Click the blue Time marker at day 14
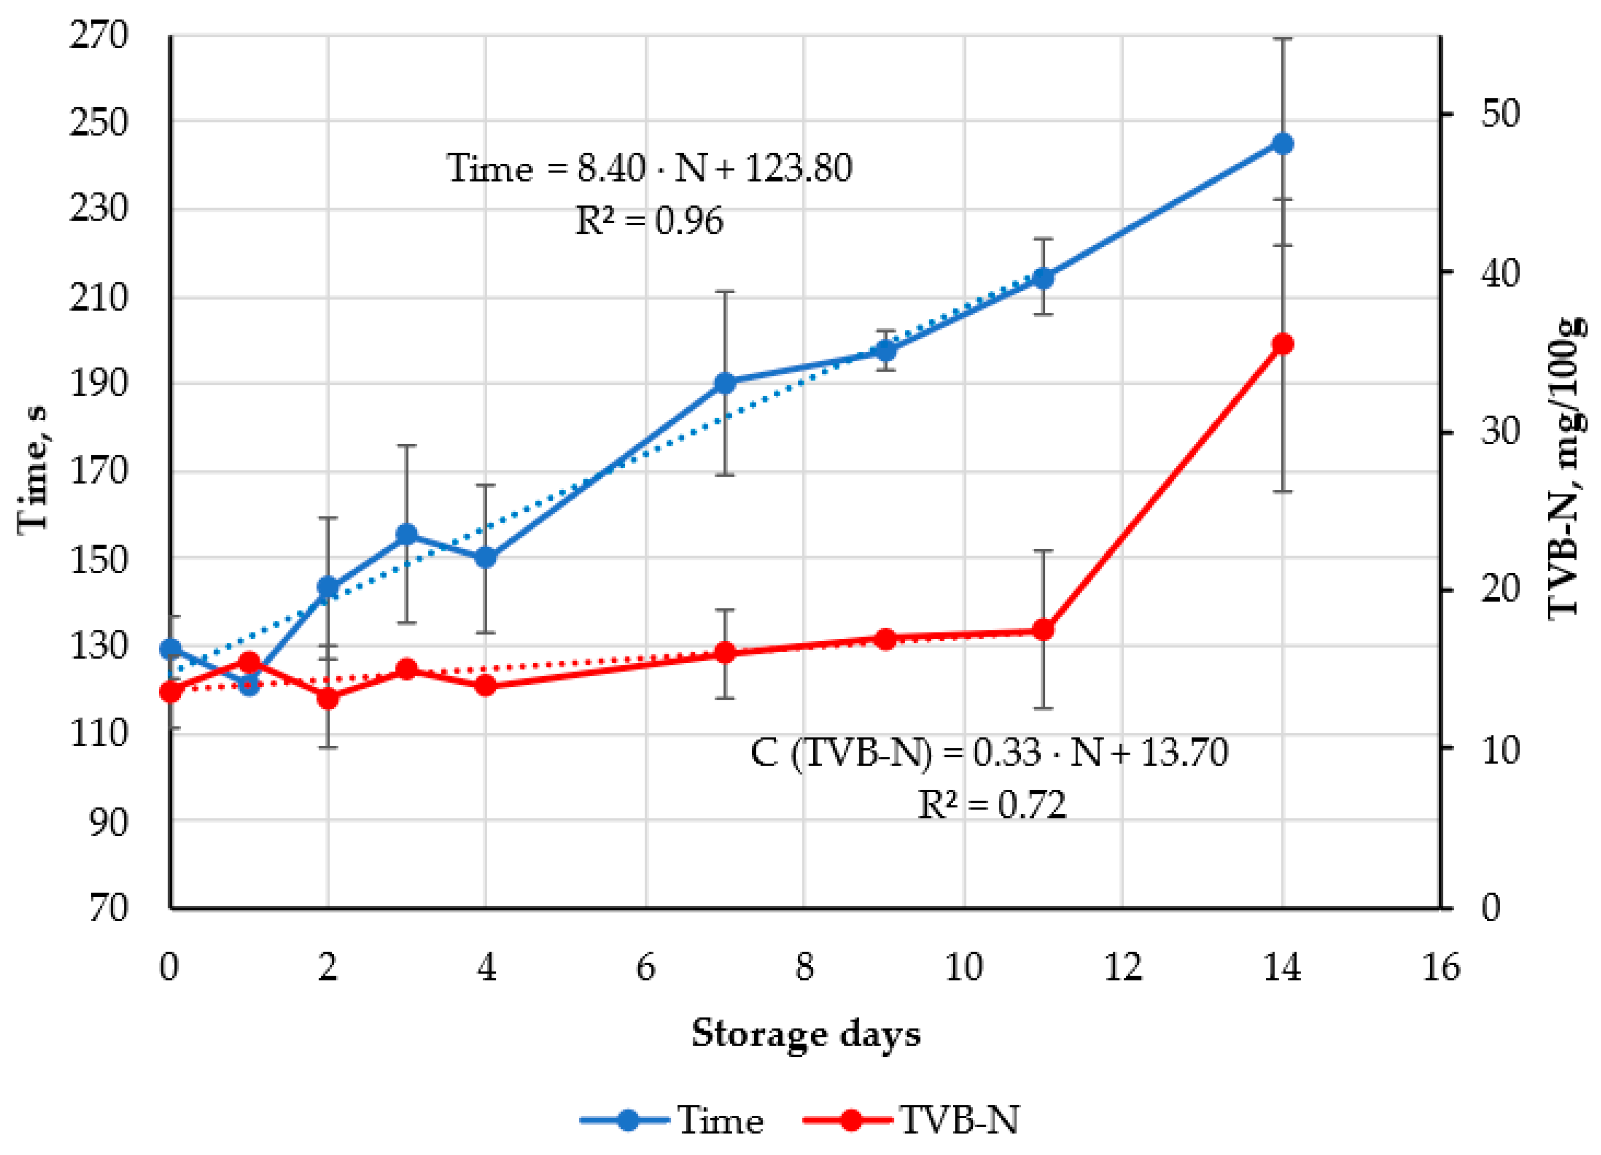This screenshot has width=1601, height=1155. [1282, 144]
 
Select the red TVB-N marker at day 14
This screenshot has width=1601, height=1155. [1282, 344]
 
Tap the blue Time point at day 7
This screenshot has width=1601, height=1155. [725, 383]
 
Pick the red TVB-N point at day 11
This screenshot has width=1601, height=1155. [1043, 630]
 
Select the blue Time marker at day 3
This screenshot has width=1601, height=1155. [407, 534]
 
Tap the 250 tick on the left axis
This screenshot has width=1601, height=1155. [99, 122]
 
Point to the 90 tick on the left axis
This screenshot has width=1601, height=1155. [109, 822]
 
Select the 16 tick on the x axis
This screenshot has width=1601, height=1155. [1440, 968]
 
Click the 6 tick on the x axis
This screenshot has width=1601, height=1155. [645, 968]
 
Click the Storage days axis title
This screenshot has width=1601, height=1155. [805, 1034]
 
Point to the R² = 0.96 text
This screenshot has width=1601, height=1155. [649, 221]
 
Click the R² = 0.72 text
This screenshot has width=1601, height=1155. [991, 805]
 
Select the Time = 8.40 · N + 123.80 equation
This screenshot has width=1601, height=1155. [649, 169]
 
